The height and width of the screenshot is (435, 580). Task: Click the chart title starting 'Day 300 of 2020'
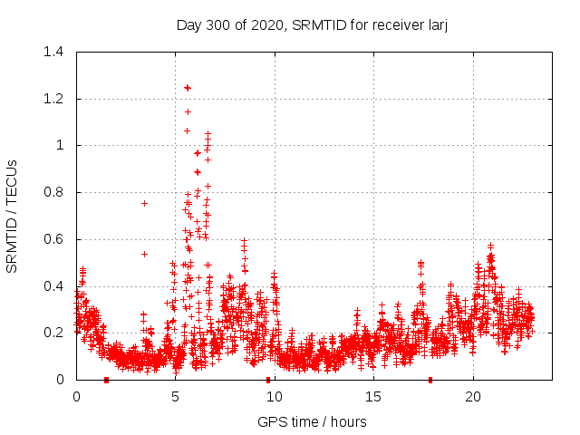tap(313, 24)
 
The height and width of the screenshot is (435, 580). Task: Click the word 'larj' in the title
tap(438, 24)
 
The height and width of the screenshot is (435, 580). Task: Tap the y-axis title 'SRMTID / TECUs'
tap(12, 215)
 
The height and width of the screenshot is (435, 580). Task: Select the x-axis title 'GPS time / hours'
tap(313, 421)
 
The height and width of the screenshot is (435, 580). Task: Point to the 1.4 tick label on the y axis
tap(53, 52)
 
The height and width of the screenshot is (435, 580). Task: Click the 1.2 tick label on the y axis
tap(53, 99)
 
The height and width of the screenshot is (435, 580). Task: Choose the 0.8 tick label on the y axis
tap(53, 192)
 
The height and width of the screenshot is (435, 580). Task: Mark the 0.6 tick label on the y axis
tap(53, 239)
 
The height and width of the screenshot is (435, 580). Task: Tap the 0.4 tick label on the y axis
tap(53, 286)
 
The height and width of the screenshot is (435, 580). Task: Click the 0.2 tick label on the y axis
tap(53, 333)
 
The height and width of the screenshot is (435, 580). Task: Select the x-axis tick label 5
tap(175, 397)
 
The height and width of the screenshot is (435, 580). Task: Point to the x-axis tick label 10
tap(274, 397)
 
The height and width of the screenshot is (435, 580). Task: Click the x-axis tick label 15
tap(373, 397)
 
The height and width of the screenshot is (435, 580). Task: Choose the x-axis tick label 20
tap(472, 397)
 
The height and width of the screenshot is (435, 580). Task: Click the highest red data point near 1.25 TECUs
tap(188, 88)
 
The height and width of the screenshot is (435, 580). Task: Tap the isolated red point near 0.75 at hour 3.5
tap(144, 203)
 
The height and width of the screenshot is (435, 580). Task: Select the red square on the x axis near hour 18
tap(430, 380)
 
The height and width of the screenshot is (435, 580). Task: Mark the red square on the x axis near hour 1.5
tap(107, 380)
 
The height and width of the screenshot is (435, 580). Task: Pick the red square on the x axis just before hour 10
tap(267, 380)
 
